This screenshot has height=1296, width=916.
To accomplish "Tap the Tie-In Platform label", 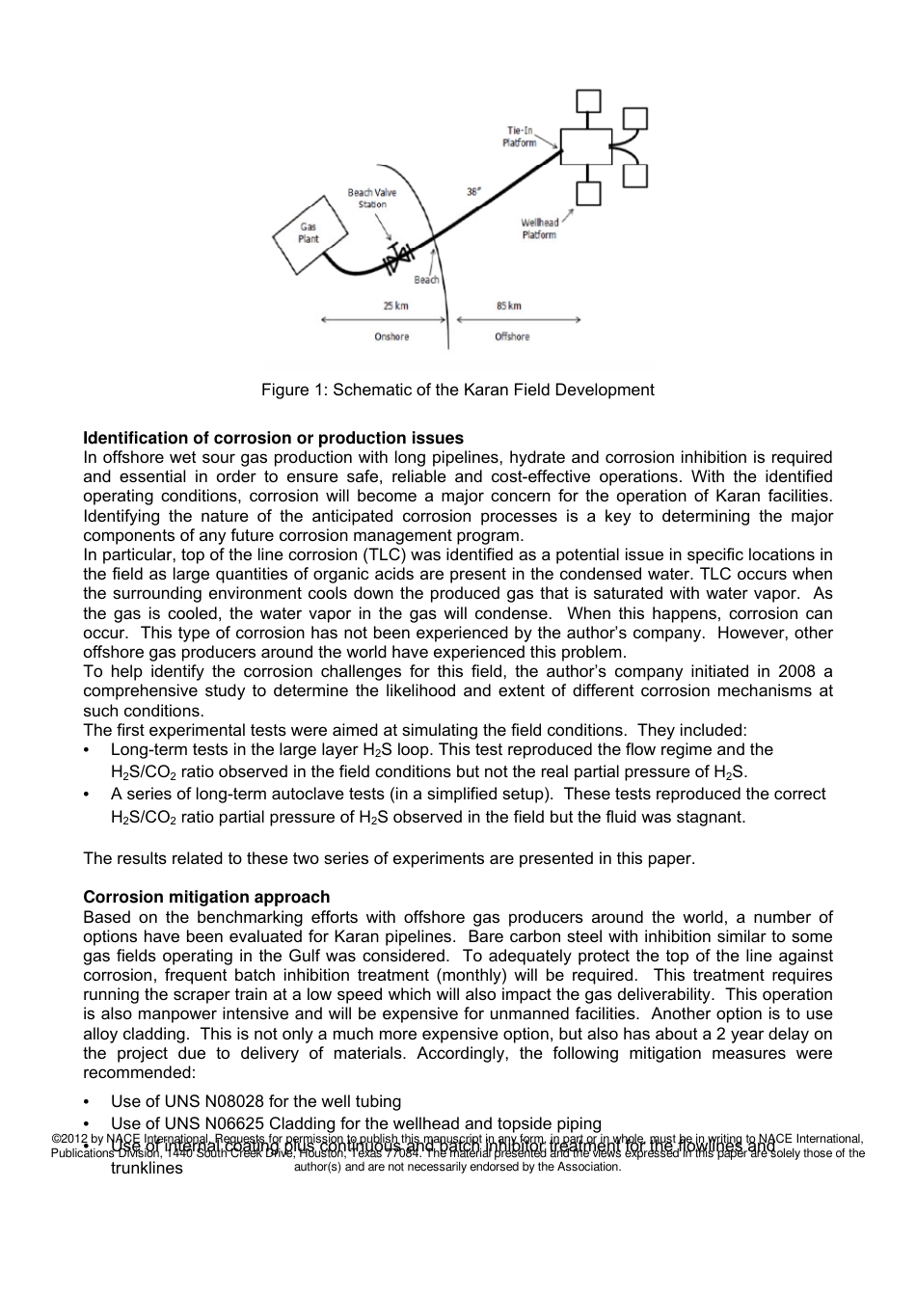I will click(520, 136).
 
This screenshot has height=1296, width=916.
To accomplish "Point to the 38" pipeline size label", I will click(473, 191).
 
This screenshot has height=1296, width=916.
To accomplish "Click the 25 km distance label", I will click(395, 306).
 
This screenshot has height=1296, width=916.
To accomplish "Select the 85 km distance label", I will click(508, 306).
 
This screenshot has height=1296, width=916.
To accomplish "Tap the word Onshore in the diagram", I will click(391, 337).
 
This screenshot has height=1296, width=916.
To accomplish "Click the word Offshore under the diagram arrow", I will click(512, 337).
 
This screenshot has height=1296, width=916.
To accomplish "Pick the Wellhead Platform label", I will click(539, 229).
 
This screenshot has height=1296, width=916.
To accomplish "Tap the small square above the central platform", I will click(586, 101).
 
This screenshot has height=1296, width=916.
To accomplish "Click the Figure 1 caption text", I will click(457, 390).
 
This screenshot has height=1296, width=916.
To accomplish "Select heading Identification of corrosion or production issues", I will click(273, 438).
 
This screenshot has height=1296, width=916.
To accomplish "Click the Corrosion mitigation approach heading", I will click(206, 897).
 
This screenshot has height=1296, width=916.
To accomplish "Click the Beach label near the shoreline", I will click(426, 280).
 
